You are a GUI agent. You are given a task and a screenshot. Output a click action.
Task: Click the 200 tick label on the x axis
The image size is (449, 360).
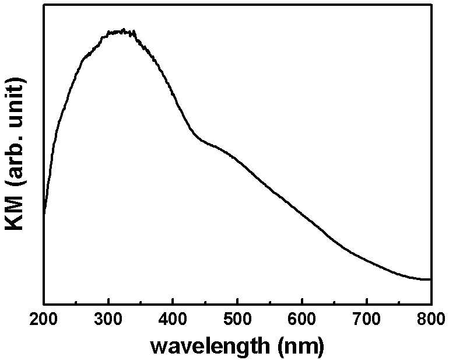(43, 319)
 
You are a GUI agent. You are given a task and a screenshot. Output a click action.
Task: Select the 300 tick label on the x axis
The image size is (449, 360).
(108, 319)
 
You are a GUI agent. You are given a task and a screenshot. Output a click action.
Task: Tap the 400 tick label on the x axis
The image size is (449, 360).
(173, 319)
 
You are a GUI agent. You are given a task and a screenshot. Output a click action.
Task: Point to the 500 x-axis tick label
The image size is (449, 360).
(237, 319)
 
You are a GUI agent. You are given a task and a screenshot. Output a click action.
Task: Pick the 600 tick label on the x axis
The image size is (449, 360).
(302, 319)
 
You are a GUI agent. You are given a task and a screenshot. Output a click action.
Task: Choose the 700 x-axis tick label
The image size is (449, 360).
(367, 319)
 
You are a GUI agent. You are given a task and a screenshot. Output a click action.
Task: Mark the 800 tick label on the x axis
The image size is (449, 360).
(432, 319)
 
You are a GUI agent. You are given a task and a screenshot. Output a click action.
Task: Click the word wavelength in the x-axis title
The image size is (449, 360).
(210, 346)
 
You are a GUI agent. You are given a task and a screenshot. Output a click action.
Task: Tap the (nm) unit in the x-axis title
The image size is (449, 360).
(301, 346)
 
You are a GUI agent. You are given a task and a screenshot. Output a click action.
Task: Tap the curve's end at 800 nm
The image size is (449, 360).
(430, 279)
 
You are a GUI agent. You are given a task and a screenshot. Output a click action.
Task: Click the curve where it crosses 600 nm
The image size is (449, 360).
(302, 214)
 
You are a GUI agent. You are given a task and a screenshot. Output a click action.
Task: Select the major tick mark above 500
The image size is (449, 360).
(237, 300)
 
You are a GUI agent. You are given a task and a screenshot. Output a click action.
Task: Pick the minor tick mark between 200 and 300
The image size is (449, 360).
(76, 302)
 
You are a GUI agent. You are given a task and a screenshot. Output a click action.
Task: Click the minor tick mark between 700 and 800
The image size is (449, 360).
(399, 302)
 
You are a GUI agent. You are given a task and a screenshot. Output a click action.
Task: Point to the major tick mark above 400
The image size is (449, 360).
(173, 300)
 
